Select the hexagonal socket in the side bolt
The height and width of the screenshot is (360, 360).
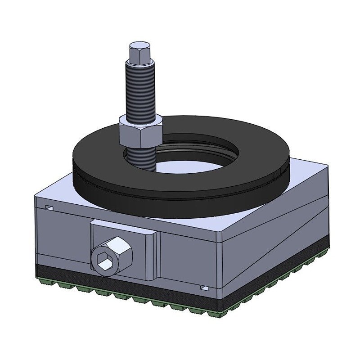[x=104, y=260]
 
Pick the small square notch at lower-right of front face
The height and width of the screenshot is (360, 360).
[x=204, y=287]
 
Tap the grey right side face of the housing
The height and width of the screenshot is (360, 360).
[x=279, y=234]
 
